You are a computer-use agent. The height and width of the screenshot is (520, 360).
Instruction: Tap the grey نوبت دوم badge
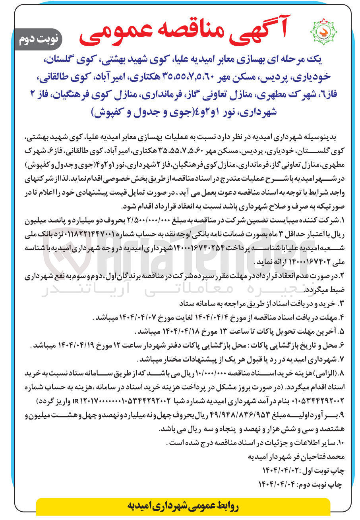39,39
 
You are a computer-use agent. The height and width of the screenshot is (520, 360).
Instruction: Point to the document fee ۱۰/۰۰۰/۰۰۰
226,374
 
